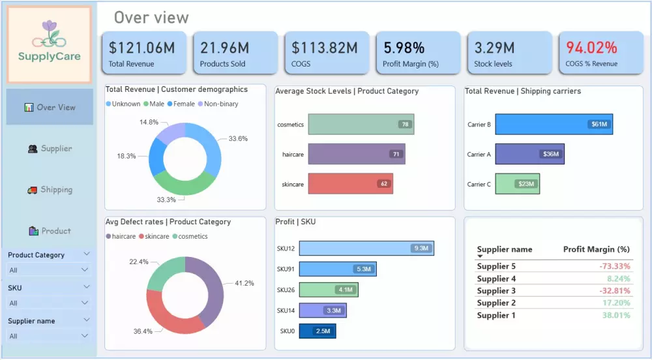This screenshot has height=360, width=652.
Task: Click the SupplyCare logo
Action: click(x=49, y=44)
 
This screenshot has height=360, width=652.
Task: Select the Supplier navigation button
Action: click(x=50, y=149)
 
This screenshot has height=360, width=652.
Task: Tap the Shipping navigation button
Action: click(x=50, y=190)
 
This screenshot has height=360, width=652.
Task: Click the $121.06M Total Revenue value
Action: click(x=141, y=48)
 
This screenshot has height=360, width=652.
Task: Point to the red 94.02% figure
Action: click(x=591, y=48)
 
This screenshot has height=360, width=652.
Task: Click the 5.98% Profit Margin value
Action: click(x=404, y=48)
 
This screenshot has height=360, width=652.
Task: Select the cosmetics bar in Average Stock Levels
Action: click(x=361, y=124)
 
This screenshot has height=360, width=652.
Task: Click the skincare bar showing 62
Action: click(x=350, y=184)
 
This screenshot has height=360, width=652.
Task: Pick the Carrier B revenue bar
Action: click(x=554, y=124)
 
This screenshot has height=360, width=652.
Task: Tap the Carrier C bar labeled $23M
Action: click(x=517, y=184)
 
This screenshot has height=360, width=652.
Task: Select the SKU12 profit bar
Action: click(x=366, y=248)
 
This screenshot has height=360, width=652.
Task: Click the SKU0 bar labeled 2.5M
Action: click(x=317, y=331)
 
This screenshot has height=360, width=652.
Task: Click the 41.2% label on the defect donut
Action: click(x=244, y=284)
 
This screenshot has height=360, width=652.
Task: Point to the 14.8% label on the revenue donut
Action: click(x=149, y=122)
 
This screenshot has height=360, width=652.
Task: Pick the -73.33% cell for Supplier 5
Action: click(x=615, y=266)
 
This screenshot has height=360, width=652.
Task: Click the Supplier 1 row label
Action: click(x=496, y=316)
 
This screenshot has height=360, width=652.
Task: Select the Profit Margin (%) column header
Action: click(x=596, y=249)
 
